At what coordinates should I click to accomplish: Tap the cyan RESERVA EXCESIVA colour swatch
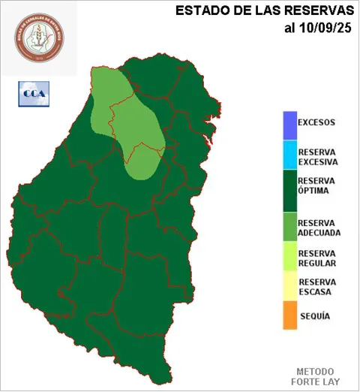click(289, 155)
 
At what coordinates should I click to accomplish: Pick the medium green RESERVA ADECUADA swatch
click(289, 228)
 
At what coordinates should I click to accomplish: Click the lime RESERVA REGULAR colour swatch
click(289, 258)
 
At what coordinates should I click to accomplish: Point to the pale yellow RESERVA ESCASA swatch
click(289, 287)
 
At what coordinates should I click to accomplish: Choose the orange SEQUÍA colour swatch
click(289, 316)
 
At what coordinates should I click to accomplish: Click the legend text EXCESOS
click(316, 122)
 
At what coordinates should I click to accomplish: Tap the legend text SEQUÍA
click(314, 316)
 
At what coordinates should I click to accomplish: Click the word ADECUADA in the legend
click(319, 233)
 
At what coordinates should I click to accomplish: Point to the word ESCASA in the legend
click(314, 292)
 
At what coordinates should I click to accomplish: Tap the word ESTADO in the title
click(199, 11)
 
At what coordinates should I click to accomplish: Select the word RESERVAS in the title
click(316, 11)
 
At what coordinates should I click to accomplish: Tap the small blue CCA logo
click(32, 94)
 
